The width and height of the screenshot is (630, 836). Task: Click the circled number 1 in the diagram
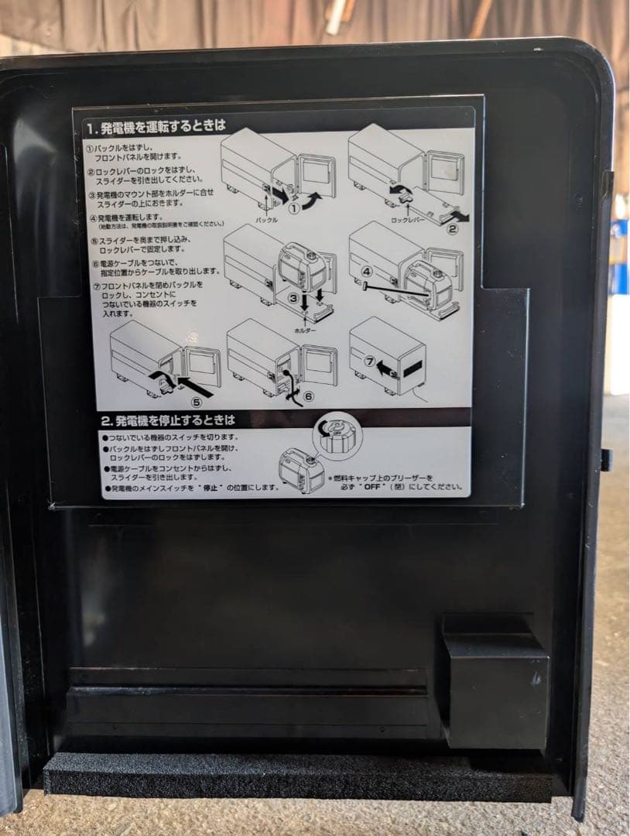pyautogui.click(x=295, y=207)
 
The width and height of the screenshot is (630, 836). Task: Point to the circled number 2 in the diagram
pyautogui.click(x=453, y=228)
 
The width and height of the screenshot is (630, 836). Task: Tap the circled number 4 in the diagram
pyautogui.click(x=367, y=272)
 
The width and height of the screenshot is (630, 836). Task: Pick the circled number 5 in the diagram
pyautogui.click(x=196, y=402)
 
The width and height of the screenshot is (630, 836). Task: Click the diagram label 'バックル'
pyautogui.click(x=266, y=220)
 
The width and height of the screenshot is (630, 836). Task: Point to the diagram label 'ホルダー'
pyautogui.click(x=306, y=330)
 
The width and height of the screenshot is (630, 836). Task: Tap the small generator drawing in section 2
pyautogui.click(x=301, y=469)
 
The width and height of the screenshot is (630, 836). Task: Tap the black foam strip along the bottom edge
pyautogui.click(x=294, y=774)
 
